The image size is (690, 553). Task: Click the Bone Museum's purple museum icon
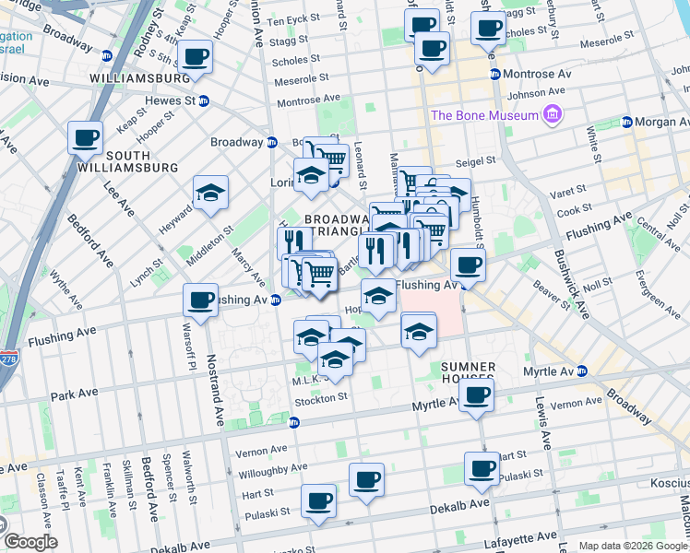[553, 115]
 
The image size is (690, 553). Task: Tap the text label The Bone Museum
[484, 115]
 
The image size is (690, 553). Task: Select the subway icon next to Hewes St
[203, 100]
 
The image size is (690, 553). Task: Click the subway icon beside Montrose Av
[495, 75]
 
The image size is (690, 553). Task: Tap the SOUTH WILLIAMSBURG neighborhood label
[140, 161]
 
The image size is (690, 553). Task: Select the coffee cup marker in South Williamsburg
[85, 138]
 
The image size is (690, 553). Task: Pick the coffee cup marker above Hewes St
[195, 56]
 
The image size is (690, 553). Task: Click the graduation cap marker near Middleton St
[211, 193]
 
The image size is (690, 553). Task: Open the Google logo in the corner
[32, 542]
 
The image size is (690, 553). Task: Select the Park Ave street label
[74, 394]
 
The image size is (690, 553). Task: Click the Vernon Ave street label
[263, 452]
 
